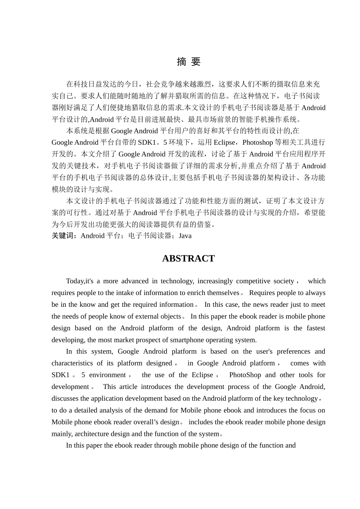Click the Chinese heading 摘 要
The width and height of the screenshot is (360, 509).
(x=188, y=62)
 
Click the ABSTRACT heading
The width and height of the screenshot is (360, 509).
(x=188, y=259)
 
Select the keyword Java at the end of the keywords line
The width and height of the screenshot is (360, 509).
(x=185, y=236)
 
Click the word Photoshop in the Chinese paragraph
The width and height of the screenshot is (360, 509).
(x=257, y=142)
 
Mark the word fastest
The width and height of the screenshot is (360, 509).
(x=316, y=328)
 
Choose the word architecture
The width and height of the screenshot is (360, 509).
(x=94, y=434)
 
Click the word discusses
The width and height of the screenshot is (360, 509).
(x=65, y=398)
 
